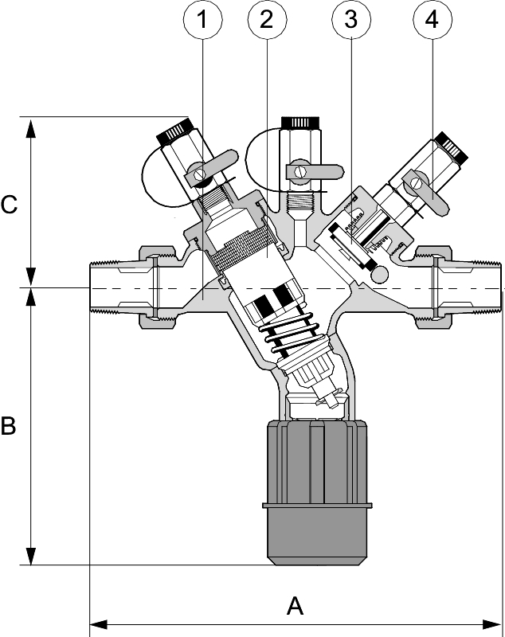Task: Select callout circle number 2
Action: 268,22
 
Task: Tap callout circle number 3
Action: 350,22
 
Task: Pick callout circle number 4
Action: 432,22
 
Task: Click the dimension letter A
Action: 295,607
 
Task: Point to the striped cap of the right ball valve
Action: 450,147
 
